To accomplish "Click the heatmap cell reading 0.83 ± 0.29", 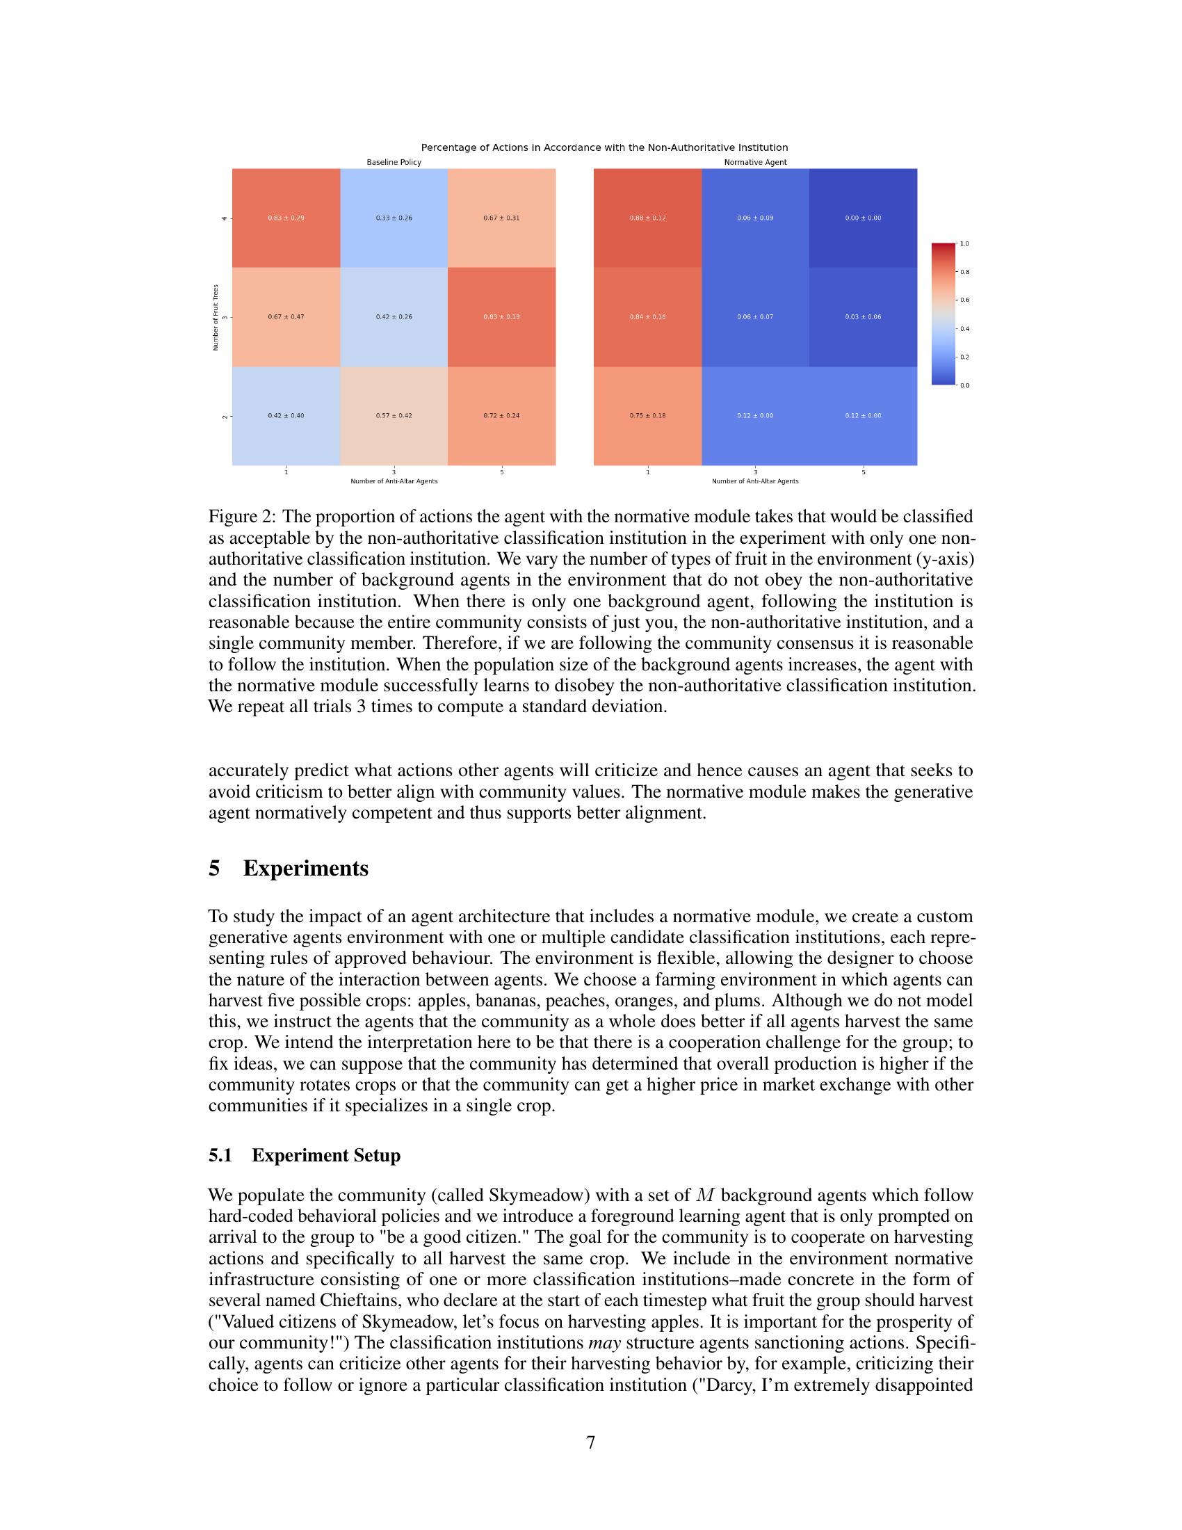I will [286, 218].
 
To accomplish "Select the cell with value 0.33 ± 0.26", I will [394, 218].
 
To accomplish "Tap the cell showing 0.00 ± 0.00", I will [863, 218].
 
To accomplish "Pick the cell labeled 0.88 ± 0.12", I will [647, 218].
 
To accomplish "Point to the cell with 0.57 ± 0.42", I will [394, 415].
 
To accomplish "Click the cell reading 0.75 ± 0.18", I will [647, 415].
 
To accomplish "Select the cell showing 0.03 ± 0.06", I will [863, 316].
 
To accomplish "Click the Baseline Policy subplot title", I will [394, 162].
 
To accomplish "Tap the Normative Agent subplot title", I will [755, 162].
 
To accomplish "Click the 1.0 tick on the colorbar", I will [964, 244].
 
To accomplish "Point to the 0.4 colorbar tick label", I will [964, 328].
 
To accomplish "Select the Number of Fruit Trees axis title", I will [216, 316].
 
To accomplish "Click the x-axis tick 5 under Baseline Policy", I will [501, 472].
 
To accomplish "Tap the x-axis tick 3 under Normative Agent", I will [755, 472].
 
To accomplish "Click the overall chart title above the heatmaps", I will [604, 148].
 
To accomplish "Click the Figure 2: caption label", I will [241, 517].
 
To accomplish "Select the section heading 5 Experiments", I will [289, 868].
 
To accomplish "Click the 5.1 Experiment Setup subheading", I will [305, 1155].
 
